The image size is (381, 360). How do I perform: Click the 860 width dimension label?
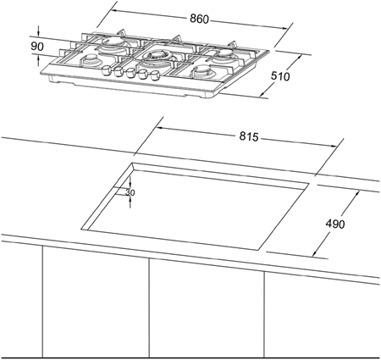point(199,19)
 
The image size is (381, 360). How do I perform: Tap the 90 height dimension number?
point(37,47)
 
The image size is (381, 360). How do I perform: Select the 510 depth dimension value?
point(280,76)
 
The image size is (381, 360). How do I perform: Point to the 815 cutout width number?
point(249,136)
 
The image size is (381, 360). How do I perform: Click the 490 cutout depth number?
point(335,224)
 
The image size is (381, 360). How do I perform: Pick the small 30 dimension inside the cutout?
point(130,192)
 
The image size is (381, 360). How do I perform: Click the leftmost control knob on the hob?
point(106,70)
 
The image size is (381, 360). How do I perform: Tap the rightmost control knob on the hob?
point(155,75)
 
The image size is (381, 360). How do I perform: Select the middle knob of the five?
point(130,73)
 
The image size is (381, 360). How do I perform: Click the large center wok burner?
point(157,55)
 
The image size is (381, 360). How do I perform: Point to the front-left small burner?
point(91,59)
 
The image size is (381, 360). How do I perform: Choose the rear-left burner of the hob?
point(113,43)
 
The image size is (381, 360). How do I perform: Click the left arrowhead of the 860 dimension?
point(115,11)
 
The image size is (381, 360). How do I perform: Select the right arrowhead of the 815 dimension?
point(334,146)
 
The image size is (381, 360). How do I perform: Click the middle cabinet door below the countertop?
point(207,307)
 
